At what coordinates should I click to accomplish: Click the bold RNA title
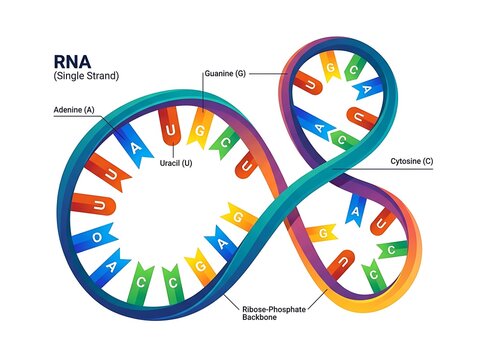72,62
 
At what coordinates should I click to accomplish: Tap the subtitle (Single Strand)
86,76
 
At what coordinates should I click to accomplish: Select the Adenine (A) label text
74,110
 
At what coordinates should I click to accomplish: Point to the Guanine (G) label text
225,73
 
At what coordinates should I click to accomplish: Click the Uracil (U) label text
176,163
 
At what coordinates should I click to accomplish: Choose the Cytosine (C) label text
412,161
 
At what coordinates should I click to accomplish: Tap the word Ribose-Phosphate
274,309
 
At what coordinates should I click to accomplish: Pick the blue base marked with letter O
94,238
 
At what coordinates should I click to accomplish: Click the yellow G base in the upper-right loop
330,67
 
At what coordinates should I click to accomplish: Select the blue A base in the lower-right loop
355,210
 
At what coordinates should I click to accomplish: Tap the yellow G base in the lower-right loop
321,233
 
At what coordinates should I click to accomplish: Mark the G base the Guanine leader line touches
200,129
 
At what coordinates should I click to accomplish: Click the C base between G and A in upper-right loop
354,69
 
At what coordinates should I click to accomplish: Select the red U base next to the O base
94,204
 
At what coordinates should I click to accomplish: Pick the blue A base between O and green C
109,268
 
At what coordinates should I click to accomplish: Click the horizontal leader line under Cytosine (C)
382,169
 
